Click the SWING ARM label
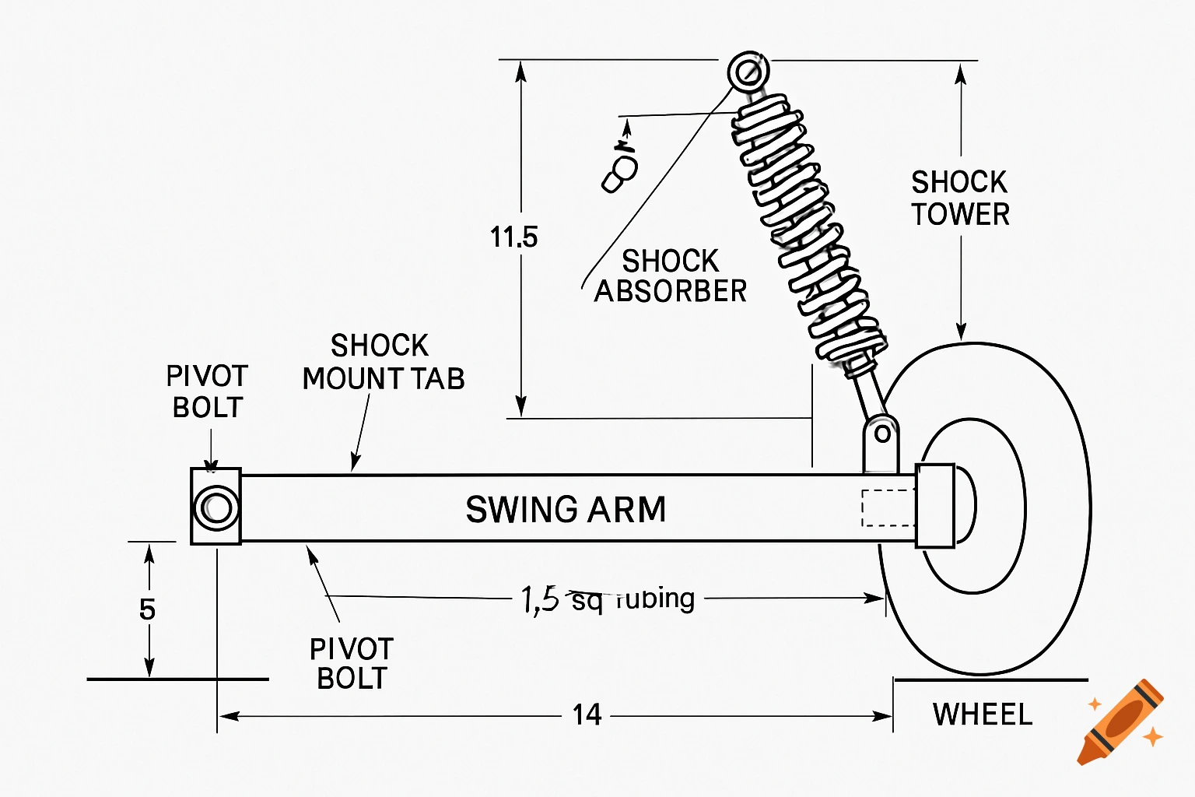[x=566, y=510]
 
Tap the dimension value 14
[x=587, y=714]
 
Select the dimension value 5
[x=147, y=609]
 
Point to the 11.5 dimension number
[x=513, y=237]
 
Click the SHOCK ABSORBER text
[x=670, y=276]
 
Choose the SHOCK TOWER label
[x=960, y=198]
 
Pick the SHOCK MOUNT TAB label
[x=383, y=363]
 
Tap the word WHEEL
[x=983, y=714]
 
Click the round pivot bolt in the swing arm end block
[x=216, y=507]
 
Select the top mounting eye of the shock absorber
[x=748, y=72]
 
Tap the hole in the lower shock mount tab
[x=882, y=434]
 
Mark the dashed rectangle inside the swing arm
[x=888, y=508]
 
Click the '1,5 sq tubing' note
[x=608, y=599]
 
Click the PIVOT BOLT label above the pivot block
[x=207, y=391]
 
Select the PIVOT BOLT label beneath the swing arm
[x=352, y=663]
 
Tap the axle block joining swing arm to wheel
[x=934, y=506]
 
